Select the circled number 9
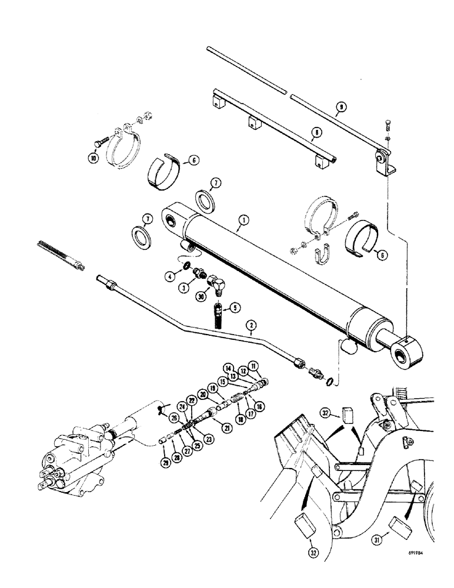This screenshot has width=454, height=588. (340, 108)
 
